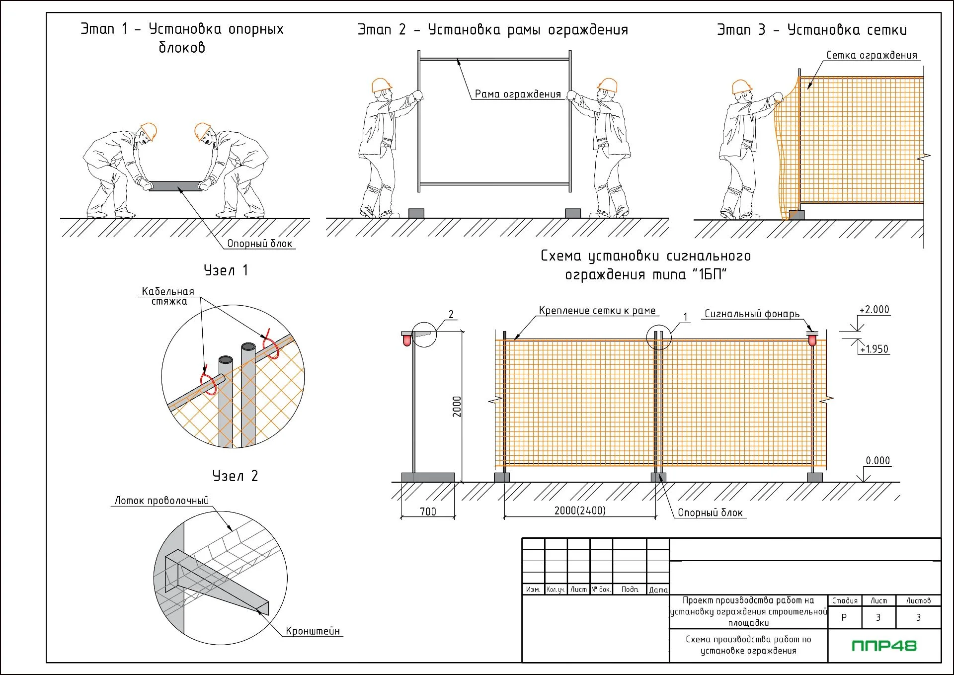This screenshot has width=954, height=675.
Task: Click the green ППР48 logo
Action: click(884, 646)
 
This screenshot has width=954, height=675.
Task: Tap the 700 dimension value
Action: click(428, 511)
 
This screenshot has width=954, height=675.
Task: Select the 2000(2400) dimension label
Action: click(580, 510)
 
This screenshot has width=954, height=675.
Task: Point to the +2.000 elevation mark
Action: click(874, 310)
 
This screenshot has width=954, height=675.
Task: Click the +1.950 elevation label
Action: click(874, 349)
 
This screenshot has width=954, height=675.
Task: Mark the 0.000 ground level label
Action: click(877, 461)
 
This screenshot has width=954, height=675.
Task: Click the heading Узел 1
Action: click(226, 270)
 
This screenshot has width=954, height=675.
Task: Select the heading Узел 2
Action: click(235, 476)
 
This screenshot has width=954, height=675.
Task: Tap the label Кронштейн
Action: click(313, 631)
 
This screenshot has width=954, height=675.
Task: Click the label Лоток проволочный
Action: click(161, 501)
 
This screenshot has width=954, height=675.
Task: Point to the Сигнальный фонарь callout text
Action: click(752, 314)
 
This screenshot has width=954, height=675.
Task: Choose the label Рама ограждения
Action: click(517, 94)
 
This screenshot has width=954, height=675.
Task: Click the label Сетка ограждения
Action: click(872, 55)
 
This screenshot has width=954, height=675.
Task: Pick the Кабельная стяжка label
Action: click(168, 296)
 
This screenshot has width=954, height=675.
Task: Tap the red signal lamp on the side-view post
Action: click(407, 340)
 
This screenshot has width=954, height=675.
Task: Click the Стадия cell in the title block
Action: click(845, 601)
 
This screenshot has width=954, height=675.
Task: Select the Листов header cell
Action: click(918, 601)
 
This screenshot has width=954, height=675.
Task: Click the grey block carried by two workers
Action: click(175, 186)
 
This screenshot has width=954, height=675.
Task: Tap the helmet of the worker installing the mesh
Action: click(741, 86)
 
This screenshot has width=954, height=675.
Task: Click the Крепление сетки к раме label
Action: click(597, 311)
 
